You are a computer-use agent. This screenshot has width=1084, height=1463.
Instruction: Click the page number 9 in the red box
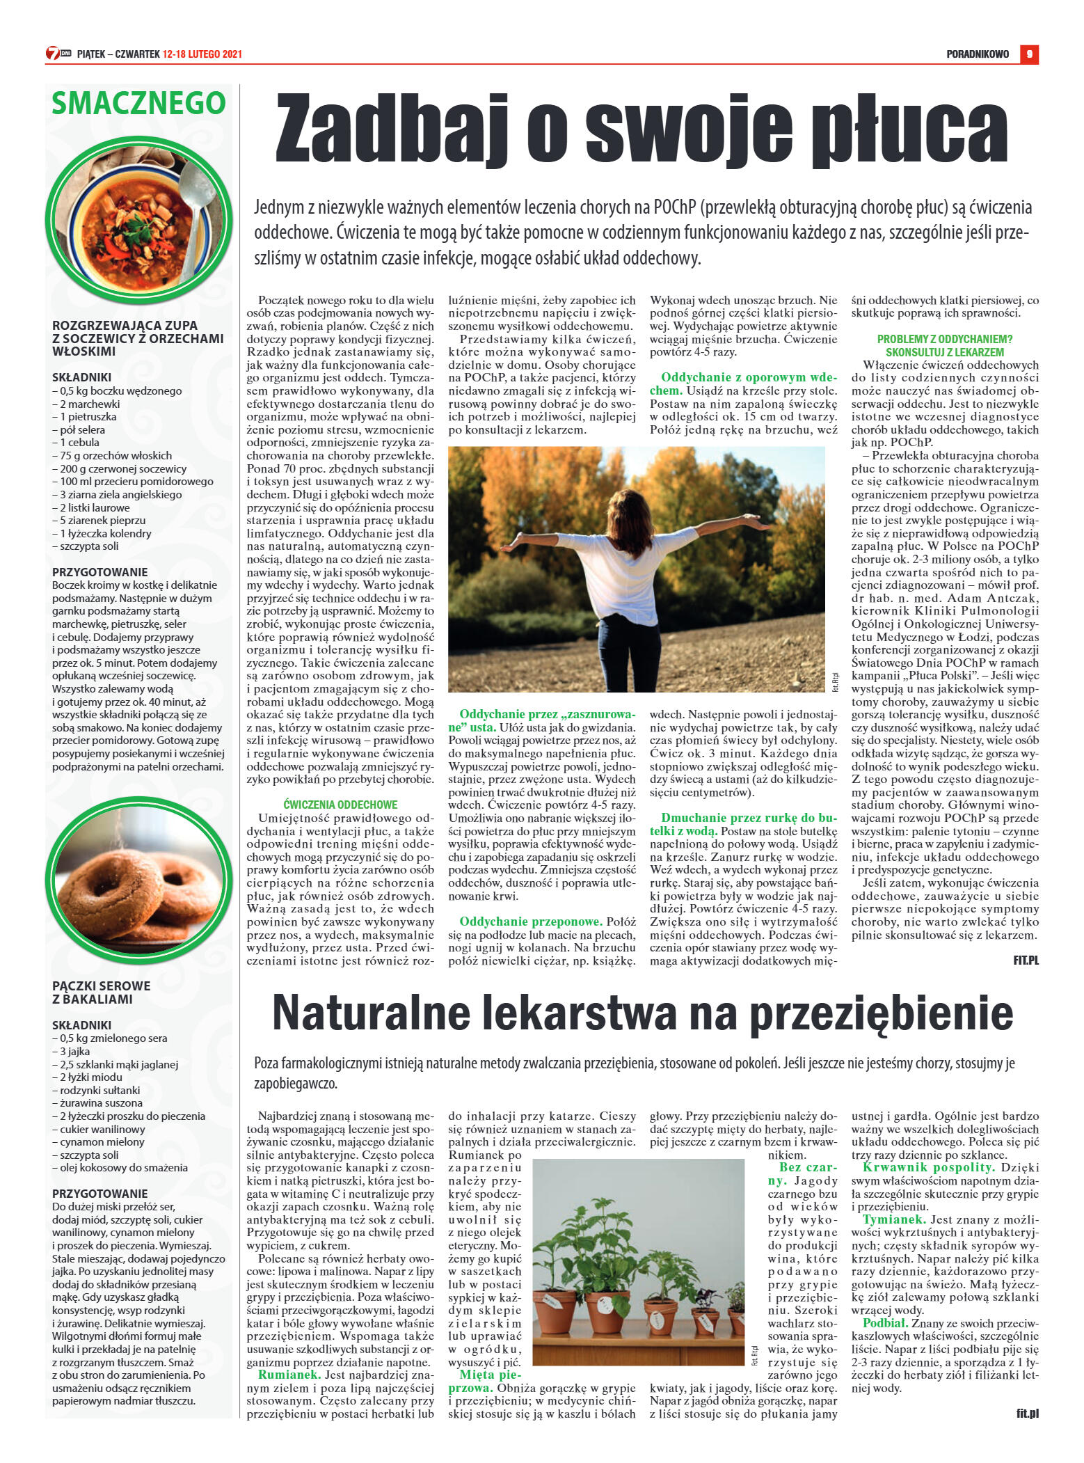click(1029, 54)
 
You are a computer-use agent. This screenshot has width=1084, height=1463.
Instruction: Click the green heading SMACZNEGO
click(138, 104)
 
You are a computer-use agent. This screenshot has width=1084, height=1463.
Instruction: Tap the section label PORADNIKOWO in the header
click(977, 54)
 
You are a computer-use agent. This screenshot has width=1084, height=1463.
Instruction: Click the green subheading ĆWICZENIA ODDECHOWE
click(340, 804)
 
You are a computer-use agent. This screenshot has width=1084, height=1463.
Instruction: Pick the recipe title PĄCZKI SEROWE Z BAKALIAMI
click(102, 993)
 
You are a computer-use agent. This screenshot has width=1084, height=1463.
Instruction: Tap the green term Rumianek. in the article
click(289, 1375)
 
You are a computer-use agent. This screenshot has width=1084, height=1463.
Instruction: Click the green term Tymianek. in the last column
click(894, 1219)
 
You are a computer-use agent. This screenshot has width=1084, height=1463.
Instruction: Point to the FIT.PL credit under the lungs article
click(1026, 960)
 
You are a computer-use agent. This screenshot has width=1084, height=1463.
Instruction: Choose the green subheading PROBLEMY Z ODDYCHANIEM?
click(944, 339)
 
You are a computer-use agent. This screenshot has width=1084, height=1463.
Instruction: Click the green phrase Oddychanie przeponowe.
click(531, 922)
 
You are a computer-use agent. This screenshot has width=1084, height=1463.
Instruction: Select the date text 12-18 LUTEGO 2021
click(202, 54)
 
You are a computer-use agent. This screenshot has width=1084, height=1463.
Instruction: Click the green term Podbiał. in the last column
click(885, 1323)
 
